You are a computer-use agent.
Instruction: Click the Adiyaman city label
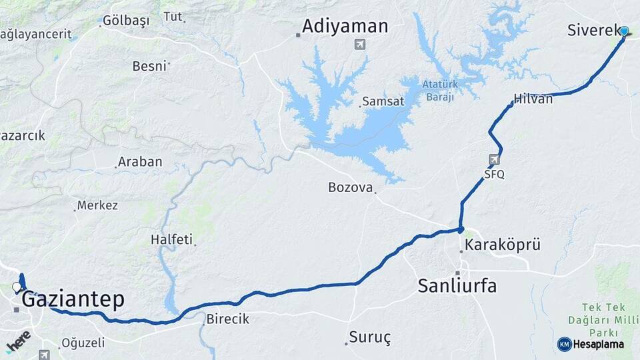pyautogui.click(x=345, y=27)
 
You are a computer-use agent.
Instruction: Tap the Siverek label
pyautogui.click(x=593, y=30)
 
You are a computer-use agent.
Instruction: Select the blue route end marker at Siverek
pyautogui.click(x=624, y=31)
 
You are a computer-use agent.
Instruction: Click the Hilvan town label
pyautogui.click(x=533, y=99)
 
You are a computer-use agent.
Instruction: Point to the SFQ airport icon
pyautogui.click(x=493, y=160)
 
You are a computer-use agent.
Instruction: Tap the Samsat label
pyautogui.click(x=383, y=102)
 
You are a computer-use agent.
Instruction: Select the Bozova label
pyautogui.click(x=350, y=187)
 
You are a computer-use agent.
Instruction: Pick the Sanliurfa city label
pyautogui.click(x=457, y=286)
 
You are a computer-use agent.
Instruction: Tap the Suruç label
pyautogui.click(x=370, y=337)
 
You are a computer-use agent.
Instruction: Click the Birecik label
pyautogui.click(x=227, y=319)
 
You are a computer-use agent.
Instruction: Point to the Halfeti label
pyautogui.click(x=171, y=239)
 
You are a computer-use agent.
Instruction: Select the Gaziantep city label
pyautogui.click(x=73, y=300)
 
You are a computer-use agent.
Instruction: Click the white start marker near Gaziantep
pyautogui.click(x=17, y=287)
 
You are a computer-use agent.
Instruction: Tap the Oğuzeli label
pyautogui.click(x=83, y=343)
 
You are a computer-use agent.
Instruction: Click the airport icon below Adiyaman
pyautogui.click(x=360, y=45)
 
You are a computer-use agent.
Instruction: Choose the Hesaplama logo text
pyautogui.click(x=598, y=344)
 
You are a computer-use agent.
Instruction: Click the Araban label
pyautogui.click(x=139, y=162)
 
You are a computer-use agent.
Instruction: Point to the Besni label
pyautogui.click(x=149, y=66)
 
